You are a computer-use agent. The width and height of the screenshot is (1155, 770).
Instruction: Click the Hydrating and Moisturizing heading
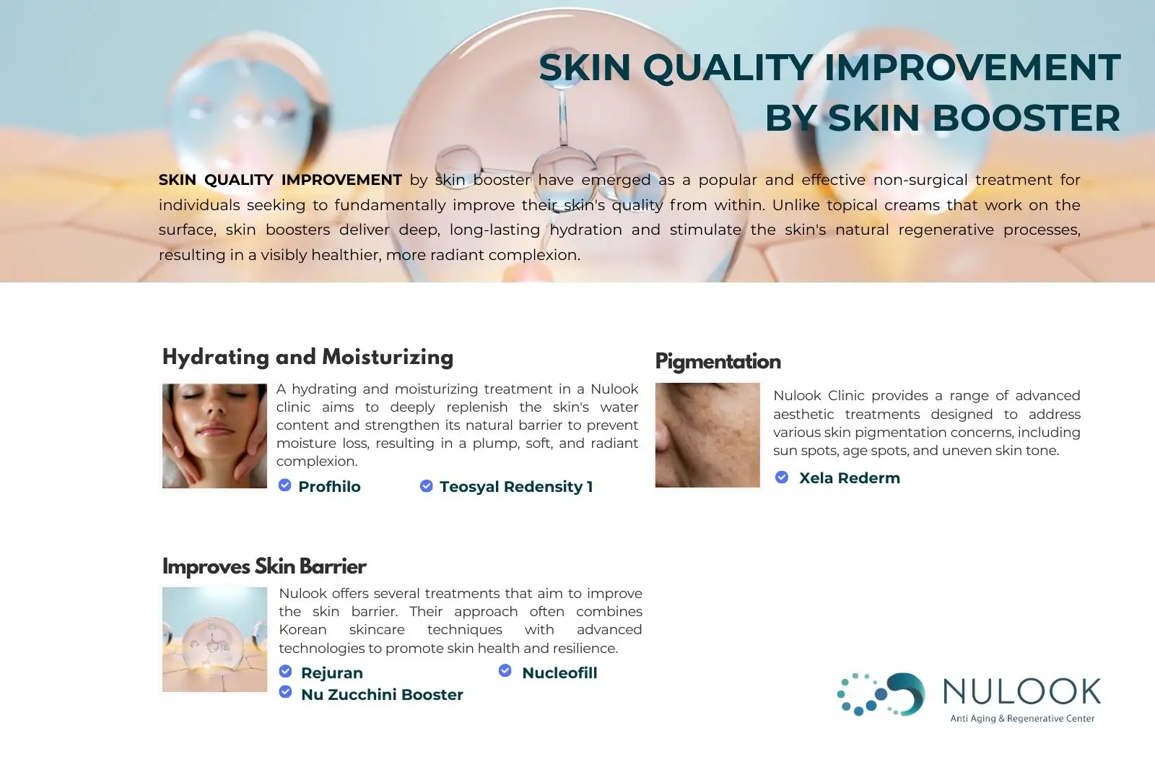click(x=308, y=357)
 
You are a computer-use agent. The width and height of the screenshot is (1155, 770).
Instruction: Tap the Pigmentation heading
click(x=718, y=362)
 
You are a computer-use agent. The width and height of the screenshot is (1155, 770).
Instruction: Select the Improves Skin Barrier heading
click(x=264, y=566)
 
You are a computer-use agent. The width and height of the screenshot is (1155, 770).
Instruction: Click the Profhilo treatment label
click(x=329, y=487)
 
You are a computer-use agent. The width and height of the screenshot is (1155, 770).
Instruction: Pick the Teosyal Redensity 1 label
click(x=516, y=487)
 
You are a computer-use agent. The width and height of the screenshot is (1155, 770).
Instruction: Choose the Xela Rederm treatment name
click(x=849, y=478)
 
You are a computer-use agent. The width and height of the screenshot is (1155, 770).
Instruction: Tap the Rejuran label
click(x=332, y=673)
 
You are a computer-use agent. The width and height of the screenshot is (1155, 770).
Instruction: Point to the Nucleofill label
click(x=559, y=673)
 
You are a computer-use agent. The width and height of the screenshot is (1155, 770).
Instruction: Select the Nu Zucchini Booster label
click(x=382, y=695)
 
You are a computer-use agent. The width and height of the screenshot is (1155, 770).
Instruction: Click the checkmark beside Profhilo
click(x=284, y=485)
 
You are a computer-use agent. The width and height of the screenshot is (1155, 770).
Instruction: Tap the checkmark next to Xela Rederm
click(x=782, y=477)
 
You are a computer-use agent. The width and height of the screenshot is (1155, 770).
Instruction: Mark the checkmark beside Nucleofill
click(x=505, y=670)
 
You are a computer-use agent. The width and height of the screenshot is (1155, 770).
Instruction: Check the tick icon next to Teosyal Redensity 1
click(x=427, y=485)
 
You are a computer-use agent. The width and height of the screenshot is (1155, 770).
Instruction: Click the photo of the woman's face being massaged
click(x=214, y=436)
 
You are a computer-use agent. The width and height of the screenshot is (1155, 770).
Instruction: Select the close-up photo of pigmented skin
click(x=707, y=435)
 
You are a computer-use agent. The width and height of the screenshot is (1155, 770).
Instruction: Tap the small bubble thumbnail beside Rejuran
click(x=214, y=639)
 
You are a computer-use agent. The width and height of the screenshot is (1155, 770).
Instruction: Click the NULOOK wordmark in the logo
click(x=1022, y=691)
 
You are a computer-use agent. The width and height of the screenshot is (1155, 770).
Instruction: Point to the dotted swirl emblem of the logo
click(x=881, y=694)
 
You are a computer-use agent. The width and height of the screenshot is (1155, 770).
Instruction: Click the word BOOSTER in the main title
click(x=1026, y=118)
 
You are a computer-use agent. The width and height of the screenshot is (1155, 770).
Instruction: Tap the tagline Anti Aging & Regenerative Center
click(x=1022, y=719)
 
